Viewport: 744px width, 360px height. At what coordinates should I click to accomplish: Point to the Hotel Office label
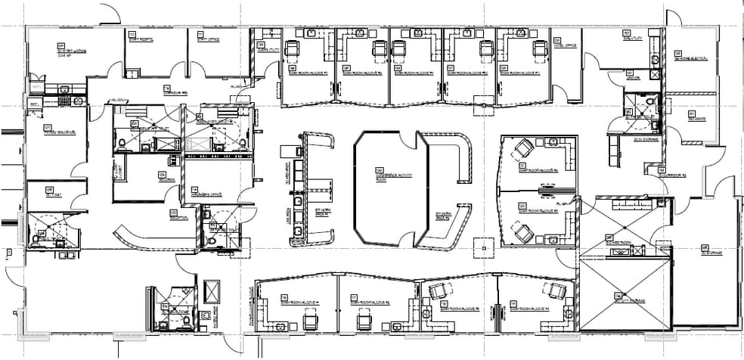(566, 45)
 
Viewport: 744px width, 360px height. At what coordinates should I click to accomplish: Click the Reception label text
(178, 217)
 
